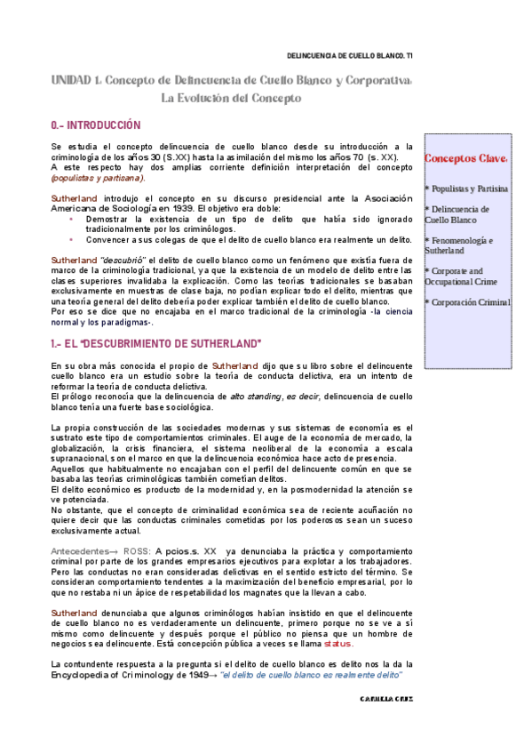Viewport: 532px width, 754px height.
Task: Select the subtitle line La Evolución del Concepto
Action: tap(231, 99)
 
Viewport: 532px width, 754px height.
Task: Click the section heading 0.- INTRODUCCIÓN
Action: tap(96, 126)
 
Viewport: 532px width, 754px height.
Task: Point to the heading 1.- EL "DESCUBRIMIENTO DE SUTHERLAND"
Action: tap(155, 343)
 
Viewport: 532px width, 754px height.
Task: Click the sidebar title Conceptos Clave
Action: tap(465, 159)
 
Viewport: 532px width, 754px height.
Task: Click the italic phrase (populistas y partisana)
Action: tap(98, 177)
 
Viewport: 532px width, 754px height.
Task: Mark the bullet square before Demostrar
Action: tap(72, 219)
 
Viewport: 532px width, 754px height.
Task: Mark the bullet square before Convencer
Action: tap(72, 239)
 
